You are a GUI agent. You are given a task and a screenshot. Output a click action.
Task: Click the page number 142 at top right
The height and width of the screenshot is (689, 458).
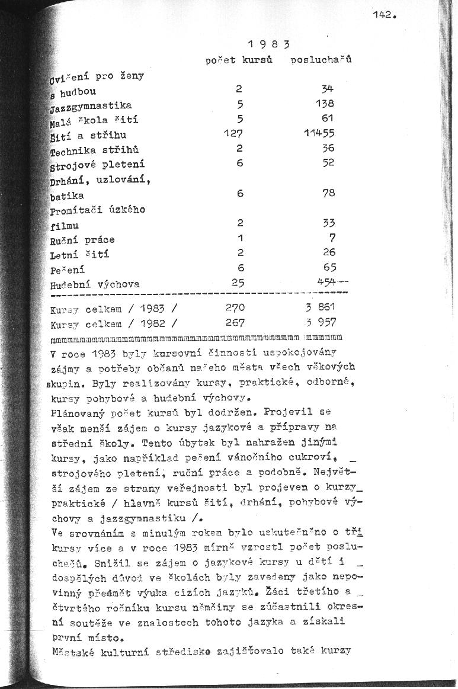pos(383,16)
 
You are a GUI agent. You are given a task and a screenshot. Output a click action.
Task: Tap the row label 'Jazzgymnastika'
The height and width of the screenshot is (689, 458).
pos(91,105)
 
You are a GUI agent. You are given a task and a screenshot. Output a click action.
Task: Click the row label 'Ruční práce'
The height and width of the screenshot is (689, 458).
pos(82,240)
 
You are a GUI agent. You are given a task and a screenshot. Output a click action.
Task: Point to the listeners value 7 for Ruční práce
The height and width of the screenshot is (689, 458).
pos(332,238)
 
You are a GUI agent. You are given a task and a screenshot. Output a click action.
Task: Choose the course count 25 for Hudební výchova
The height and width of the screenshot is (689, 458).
pos(238,283)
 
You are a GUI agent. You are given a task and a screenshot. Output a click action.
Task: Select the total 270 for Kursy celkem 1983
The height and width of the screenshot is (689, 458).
pos(235,308)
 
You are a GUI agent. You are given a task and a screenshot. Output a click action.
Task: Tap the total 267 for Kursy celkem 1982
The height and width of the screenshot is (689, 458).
pos(236,323)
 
